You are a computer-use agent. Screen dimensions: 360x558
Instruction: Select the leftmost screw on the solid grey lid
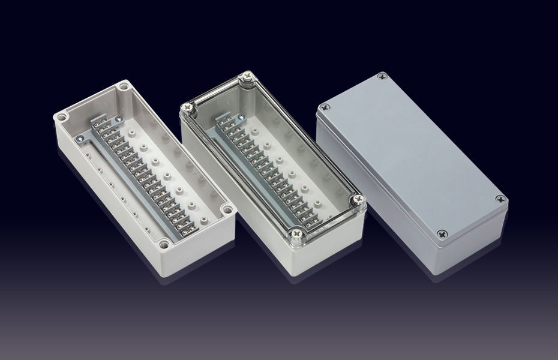pos(325,107)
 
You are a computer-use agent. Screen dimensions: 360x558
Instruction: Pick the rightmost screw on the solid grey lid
pos(499,199)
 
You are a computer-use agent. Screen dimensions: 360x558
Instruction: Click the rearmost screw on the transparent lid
pos(245,76)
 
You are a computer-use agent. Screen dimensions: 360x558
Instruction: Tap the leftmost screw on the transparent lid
pos(185,109)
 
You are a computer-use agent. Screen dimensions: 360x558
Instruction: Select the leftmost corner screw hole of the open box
pos(62,117)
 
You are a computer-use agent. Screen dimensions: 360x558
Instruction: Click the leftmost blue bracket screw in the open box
pos(80,137)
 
